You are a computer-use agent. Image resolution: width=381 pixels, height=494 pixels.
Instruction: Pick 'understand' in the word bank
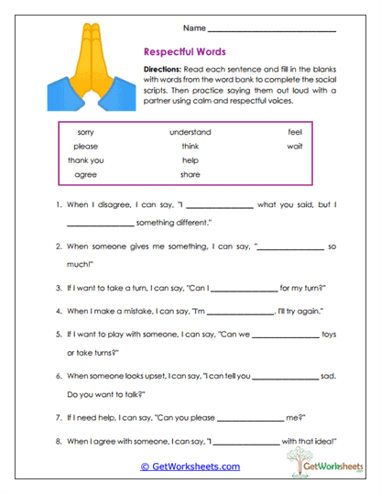coord(190,132)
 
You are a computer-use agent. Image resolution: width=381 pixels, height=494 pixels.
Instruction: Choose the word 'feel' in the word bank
coord(294,132)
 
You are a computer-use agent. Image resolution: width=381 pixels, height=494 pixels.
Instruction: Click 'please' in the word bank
coord(85,146)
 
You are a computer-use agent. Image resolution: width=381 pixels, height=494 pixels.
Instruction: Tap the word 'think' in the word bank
coord(190,146)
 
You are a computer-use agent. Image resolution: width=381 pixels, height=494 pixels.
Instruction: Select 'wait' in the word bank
coord(294,146)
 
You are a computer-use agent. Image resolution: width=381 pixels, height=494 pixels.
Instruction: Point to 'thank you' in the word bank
coord(85,159)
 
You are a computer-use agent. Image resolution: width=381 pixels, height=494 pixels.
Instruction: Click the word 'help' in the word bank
coord(190,159)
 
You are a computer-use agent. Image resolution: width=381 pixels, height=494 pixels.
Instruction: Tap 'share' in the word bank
coord(190,173)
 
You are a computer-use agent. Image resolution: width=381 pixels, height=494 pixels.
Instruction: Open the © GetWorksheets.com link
coord(190,467)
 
